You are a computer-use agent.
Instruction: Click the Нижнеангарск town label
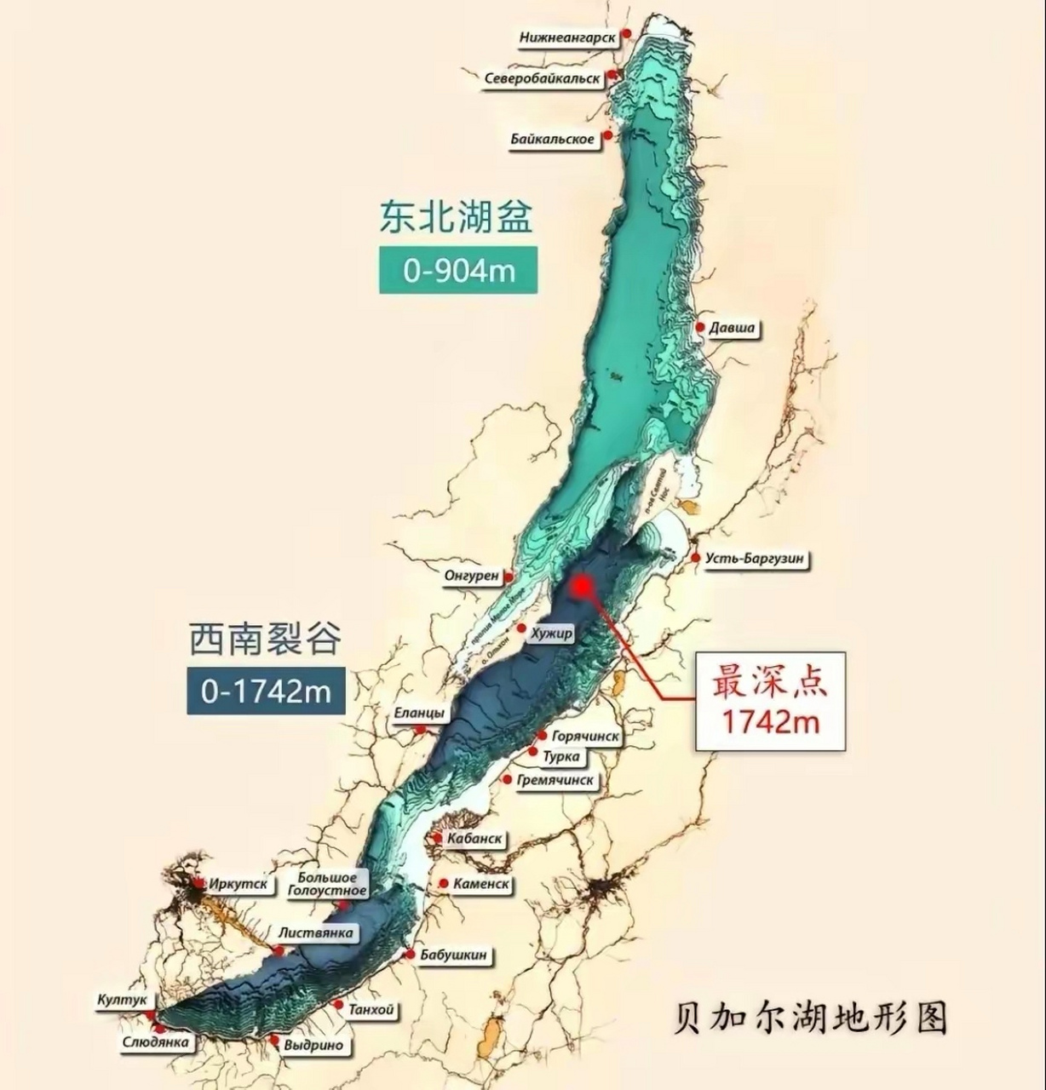[x=567, y=37]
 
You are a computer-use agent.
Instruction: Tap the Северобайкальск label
[x=543, y=79]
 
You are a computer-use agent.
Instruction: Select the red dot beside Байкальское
[x=608, y=135]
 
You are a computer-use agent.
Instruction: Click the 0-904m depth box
[x=458, y=270]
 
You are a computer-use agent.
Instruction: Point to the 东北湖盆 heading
[x=457, y=217]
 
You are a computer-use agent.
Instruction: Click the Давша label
[x=733, y=328]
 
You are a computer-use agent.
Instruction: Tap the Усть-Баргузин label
[x=755, y=559]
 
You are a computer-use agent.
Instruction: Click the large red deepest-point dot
[x=583, y=586]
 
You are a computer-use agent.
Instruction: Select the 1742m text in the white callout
[x=771, y=721]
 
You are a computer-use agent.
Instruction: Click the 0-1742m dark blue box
[x=266, y=691]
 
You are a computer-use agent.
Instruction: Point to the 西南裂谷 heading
[x=265, y=638]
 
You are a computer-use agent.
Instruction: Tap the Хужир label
[x=551, y=634]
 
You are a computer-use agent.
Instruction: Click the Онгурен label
[x=471, y=576]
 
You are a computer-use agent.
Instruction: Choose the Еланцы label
[x=419, y=714]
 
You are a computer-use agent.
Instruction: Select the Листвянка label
[x=315, y=932]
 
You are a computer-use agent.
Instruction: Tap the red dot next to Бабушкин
[x=410, y=954]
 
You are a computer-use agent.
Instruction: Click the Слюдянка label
[x=155, y=1042]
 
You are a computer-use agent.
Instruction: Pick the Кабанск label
[x=474, y=839]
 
